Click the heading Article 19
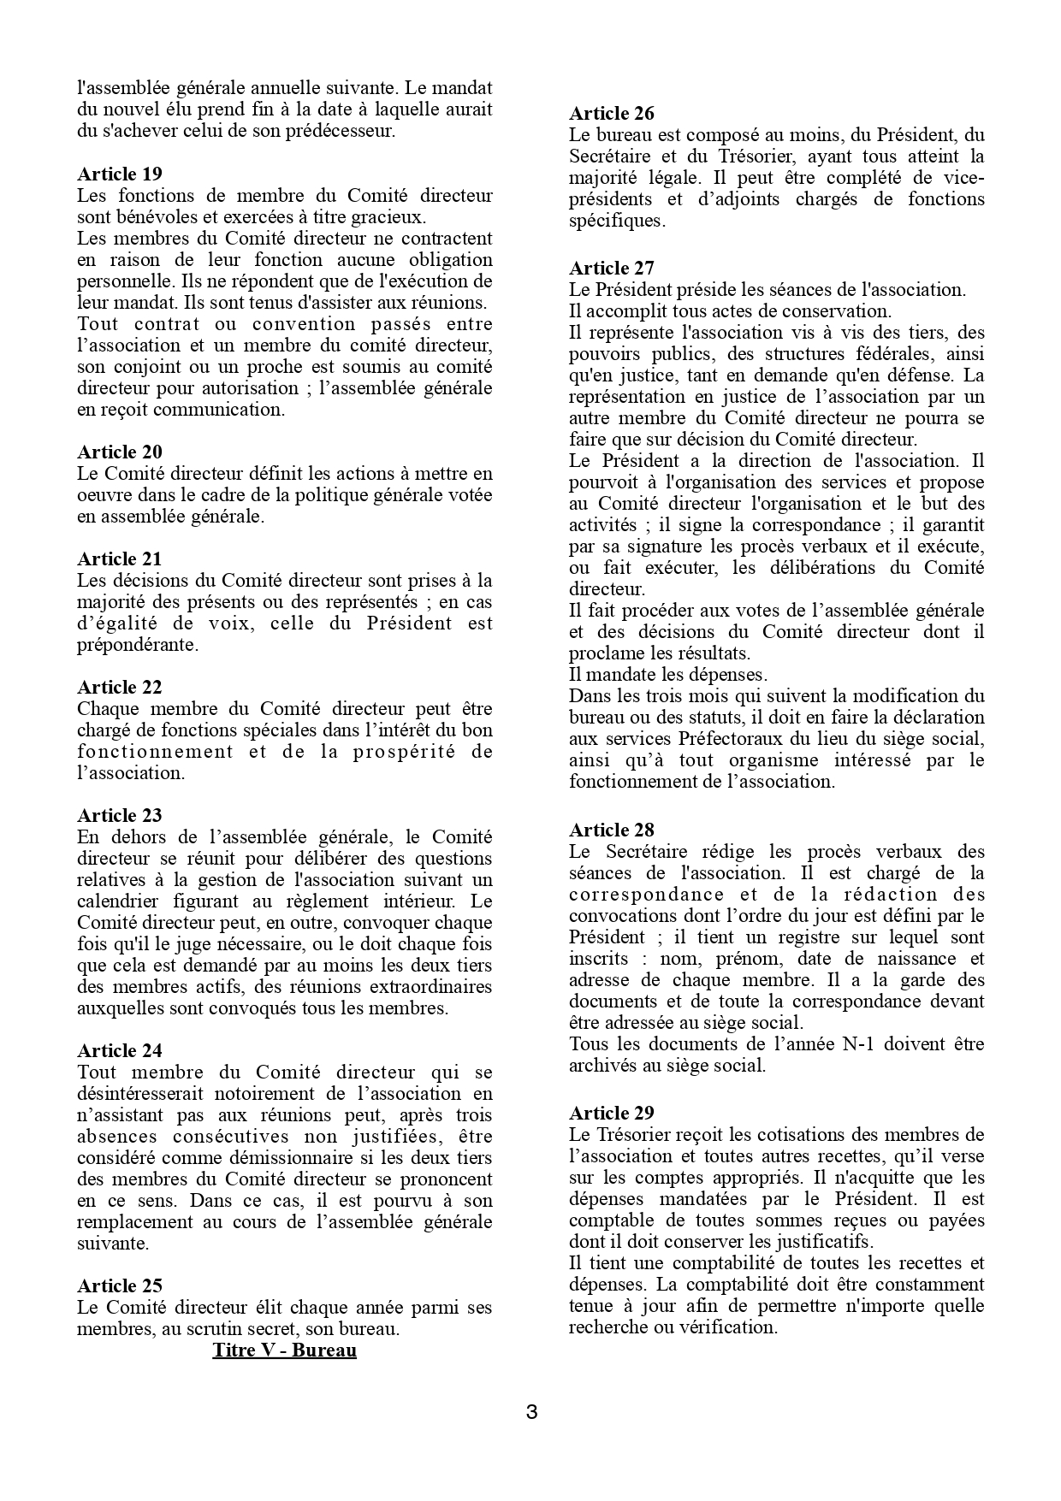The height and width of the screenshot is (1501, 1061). point(119,174)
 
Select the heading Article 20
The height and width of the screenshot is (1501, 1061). point(119,452)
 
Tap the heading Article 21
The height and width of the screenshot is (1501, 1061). point(119,559)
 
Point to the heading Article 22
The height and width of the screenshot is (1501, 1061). point(119,688)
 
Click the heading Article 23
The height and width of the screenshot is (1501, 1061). point(119,816)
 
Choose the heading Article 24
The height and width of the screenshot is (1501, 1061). point(119,1051)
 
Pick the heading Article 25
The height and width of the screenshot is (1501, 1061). point(119,1286)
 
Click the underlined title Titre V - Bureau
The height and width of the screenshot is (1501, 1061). point(284,1350)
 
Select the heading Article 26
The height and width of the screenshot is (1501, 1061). point(611,114)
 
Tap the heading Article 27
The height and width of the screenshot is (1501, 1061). point(611,269)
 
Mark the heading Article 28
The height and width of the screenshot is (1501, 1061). point(611,830)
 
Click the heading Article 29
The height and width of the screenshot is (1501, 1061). point(611,1114)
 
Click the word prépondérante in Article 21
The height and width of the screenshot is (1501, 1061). point(138,645)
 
